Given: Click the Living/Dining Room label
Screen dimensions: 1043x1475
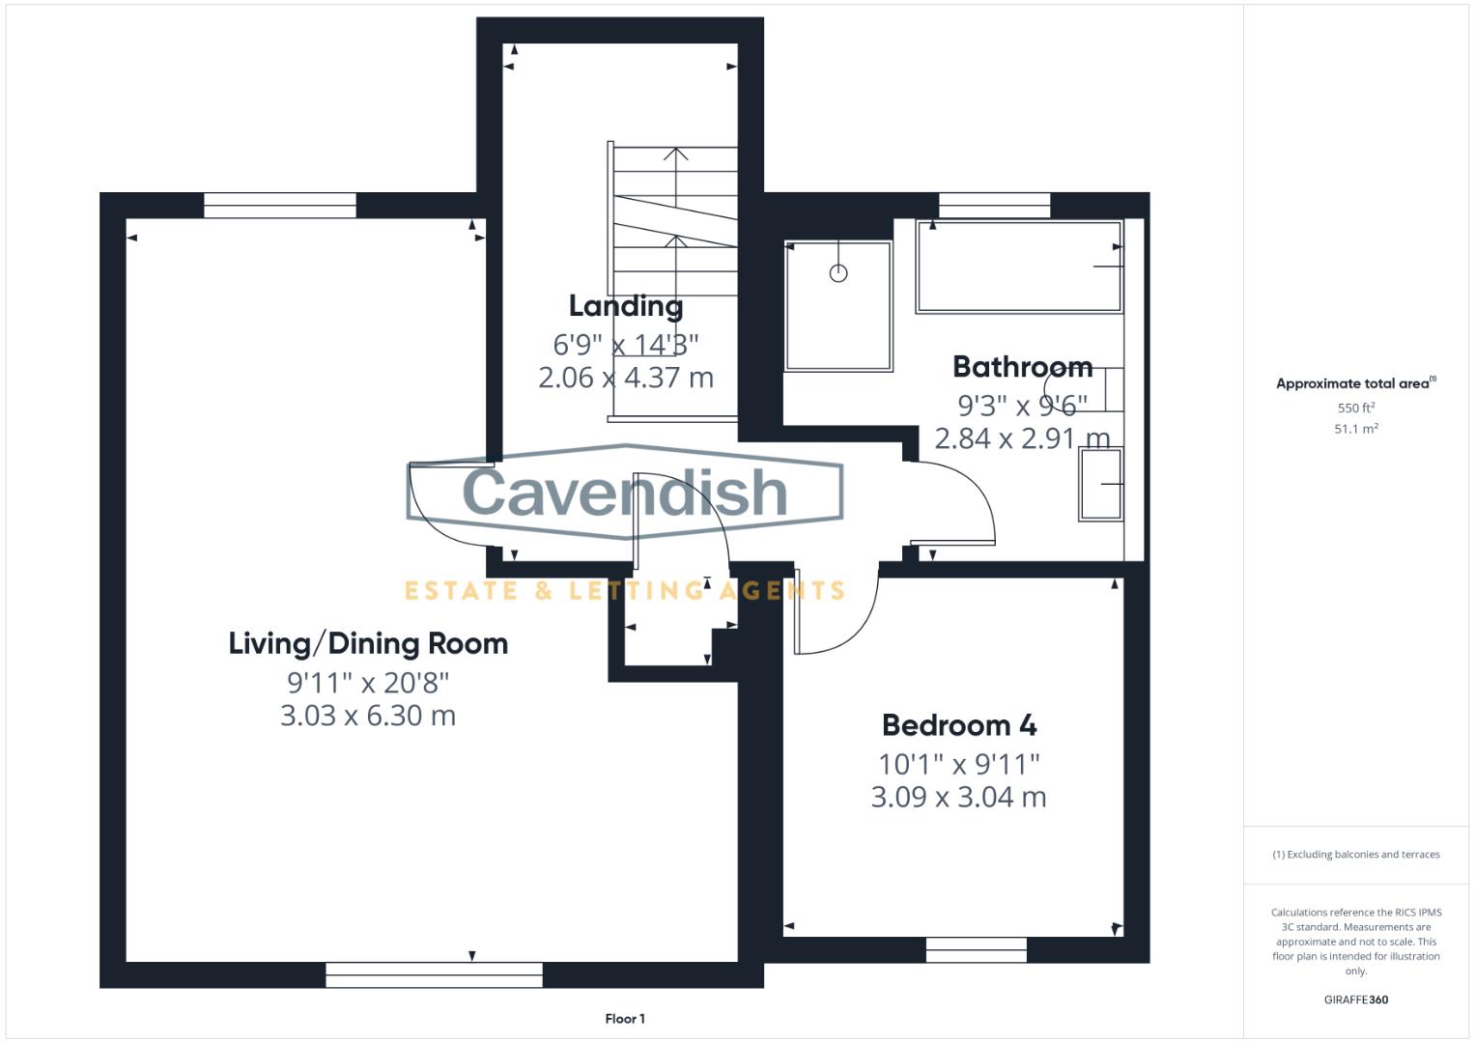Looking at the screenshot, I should point(368,643).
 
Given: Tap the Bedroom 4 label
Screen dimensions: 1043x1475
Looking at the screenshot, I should point(958,725).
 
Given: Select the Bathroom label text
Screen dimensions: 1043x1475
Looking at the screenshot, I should point(1022,367).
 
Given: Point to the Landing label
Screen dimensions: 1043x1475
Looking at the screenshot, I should point(625,306).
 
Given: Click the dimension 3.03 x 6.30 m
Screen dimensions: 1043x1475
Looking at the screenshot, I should point(368,716).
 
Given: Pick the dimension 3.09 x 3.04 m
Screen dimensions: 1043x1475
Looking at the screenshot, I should point(958,797).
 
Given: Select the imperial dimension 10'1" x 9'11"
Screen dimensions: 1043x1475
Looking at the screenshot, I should point(958,764).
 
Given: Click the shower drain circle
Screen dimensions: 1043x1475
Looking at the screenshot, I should point(838,273).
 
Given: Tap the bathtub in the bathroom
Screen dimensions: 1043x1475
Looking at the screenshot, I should point(1019,266).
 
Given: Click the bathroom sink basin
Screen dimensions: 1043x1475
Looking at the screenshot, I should point(1101,485).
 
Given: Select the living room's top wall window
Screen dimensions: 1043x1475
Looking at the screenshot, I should point(280,205).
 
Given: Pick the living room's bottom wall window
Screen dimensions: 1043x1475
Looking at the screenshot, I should point(434,974).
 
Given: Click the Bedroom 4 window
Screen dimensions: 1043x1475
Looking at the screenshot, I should point(976,949).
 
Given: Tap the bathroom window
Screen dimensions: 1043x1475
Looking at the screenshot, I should point(994,205).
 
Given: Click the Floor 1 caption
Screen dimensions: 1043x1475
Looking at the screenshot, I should point(625,1019).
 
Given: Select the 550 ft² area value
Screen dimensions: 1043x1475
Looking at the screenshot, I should point(1355,409).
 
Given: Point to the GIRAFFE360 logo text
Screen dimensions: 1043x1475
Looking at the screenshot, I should point(1355,1000).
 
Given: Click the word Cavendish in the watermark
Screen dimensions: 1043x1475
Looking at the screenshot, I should point(625,492).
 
